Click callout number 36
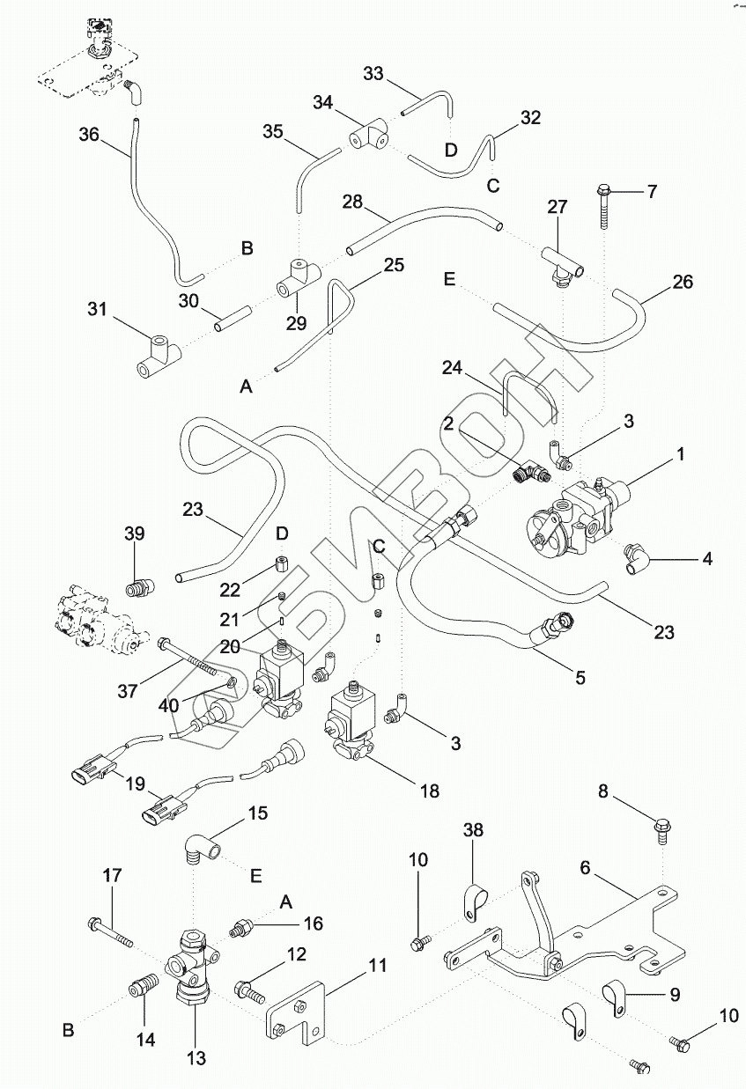point(89,135)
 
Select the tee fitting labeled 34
point(368,136)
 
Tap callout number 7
point(652,191)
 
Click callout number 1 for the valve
point(680,455)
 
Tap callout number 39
point(134,534)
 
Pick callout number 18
point(429,790)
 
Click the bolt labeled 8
point(662,827)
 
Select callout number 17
point(113,876)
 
